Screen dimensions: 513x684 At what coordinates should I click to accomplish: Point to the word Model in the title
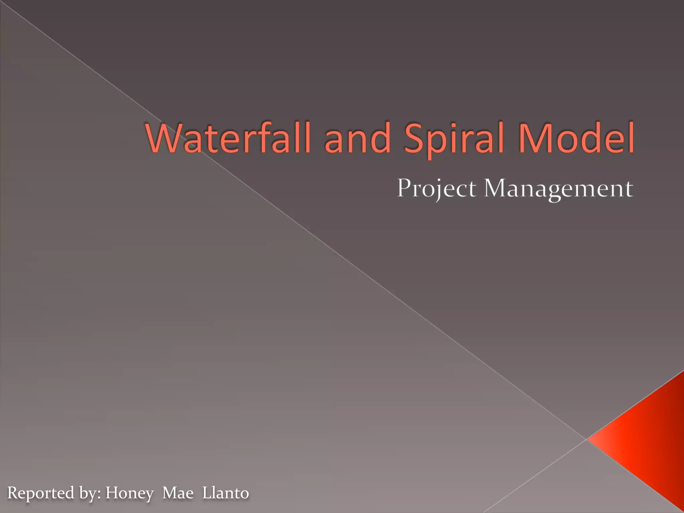tap(576, 138)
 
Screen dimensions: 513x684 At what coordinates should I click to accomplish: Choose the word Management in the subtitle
tap(558, 189)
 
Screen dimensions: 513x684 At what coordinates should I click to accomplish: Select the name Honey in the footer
tap(130, 493)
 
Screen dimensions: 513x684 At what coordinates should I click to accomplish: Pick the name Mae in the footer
tap(178, 493)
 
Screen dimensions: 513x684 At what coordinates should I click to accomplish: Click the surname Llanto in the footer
tap(226, 493)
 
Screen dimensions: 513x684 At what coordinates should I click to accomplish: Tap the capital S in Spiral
tap(414, 138)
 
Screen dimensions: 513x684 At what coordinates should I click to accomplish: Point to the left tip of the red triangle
tap(588, 440)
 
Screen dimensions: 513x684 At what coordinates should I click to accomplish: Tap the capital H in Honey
tap(112, 493)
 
